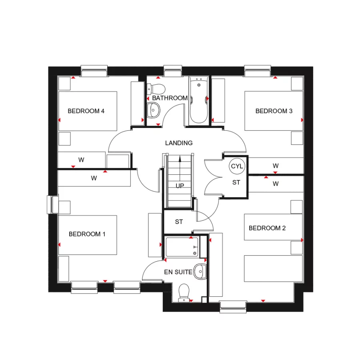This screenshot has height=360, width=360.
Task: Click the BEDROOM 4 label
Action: point(86,111)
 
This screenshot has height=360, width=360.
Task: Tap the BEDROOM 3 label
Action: point(274,111)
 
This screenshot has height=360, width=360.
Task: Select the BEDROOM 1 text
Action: point(87,234)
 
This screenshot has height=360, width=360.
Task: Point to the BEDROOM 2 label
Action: point(267,228)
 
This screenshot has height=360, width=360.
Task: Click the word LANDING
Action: point(179,143)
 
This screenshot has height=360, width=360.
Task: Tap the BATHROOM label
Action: point(170,98)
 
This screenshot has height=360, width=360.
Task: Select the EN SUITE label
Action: point(178,272)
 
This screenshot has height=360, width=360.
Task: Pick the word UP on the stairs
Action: point(180,186)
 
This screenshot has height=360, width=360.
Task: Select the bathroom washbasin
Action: point(153,109)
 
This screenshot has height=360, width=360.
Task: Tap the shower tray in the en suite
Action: point(182,247)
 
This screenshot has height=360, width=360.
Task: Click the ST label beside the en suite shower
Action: point(179,222)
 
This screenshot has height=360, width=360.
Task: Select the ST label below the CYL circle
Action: point(237,183)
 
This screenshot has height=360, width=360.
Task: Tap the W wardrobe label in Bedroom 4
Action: point(81,160)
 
